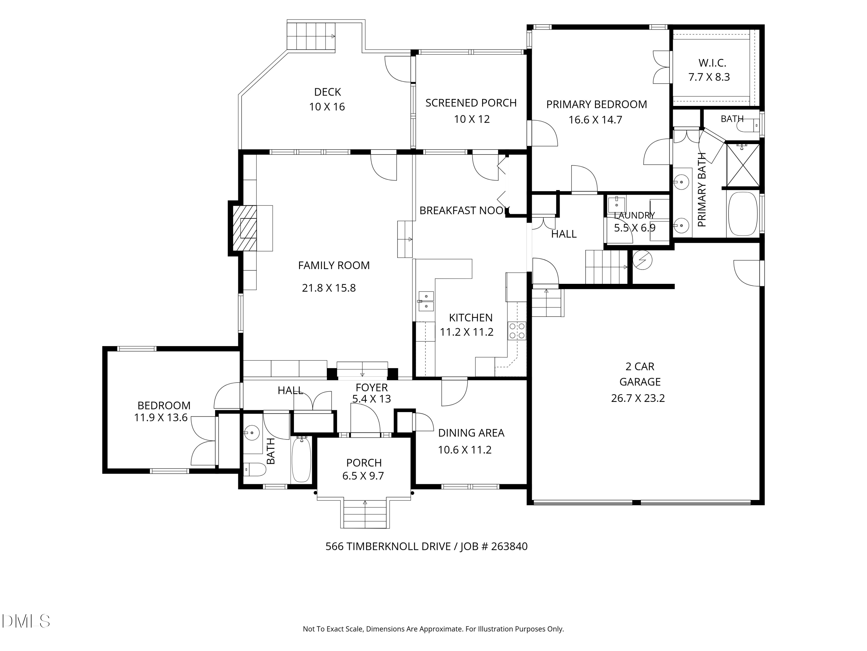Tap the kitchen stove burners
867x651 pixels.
(x=517, y=330)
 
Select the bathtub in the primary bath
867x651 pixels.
(x=743, y=214)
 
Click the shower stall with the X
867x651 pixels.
(x=742, y=165)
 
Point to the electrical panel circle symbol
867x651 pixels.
(x=642, y=260)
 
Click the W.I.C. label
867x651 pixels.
(x=712, y=63)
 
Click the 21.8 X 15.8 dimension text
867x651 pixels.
(x=329, y=288)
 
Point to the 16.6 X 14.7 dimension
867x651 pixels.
(x=595, y=120)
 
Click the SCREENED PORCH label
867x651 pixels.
(x=471, y=103)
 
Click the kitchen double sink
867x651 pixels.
(x=426, y=301)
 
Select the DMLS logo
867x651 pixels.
(x=26, y=621)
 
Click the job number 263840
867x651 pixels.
(x=509, y=546)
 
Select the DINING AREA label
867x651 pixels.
(x=471, y=433)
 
